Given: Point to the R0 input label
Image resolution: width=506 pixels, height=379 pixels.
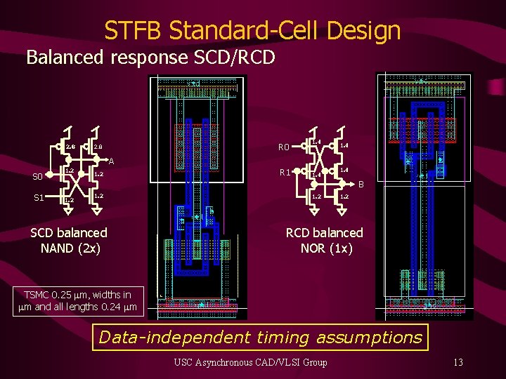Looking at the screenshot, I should coord(283,147).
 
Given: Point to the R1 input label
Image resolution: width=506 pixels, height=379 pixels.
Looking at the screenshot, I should coord(284,172).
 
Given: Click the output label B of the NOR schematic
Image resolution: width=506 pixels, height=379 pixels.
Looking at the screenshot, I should coord(361,185).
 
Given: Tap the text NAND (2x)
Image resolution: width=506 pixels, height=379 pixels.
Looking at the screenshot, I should coord(70,248).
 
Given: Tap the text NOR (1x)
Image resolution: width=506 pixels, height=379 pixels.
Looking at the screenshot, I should coord(326,248).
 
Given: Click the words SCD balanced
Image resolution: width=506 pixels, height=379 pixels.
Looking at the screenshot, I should coord(69,232).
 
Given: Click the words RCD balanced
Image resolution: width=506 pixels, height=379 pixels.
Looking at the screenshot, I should coord(325,232).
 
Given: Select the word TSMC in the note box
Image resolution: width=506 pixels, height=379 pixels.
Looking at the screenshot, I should coord(39,293).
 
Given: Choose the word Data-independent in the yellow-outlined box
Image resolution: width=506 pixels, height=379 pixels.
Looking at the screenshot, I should coord(155,337).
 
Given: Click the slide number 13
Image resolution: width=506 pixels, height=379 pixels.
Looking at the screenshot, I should coord(458,362).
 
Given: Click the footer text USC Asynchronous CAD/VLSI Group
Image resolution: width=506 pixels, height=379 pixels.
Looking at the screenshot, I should coord(251,362).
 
